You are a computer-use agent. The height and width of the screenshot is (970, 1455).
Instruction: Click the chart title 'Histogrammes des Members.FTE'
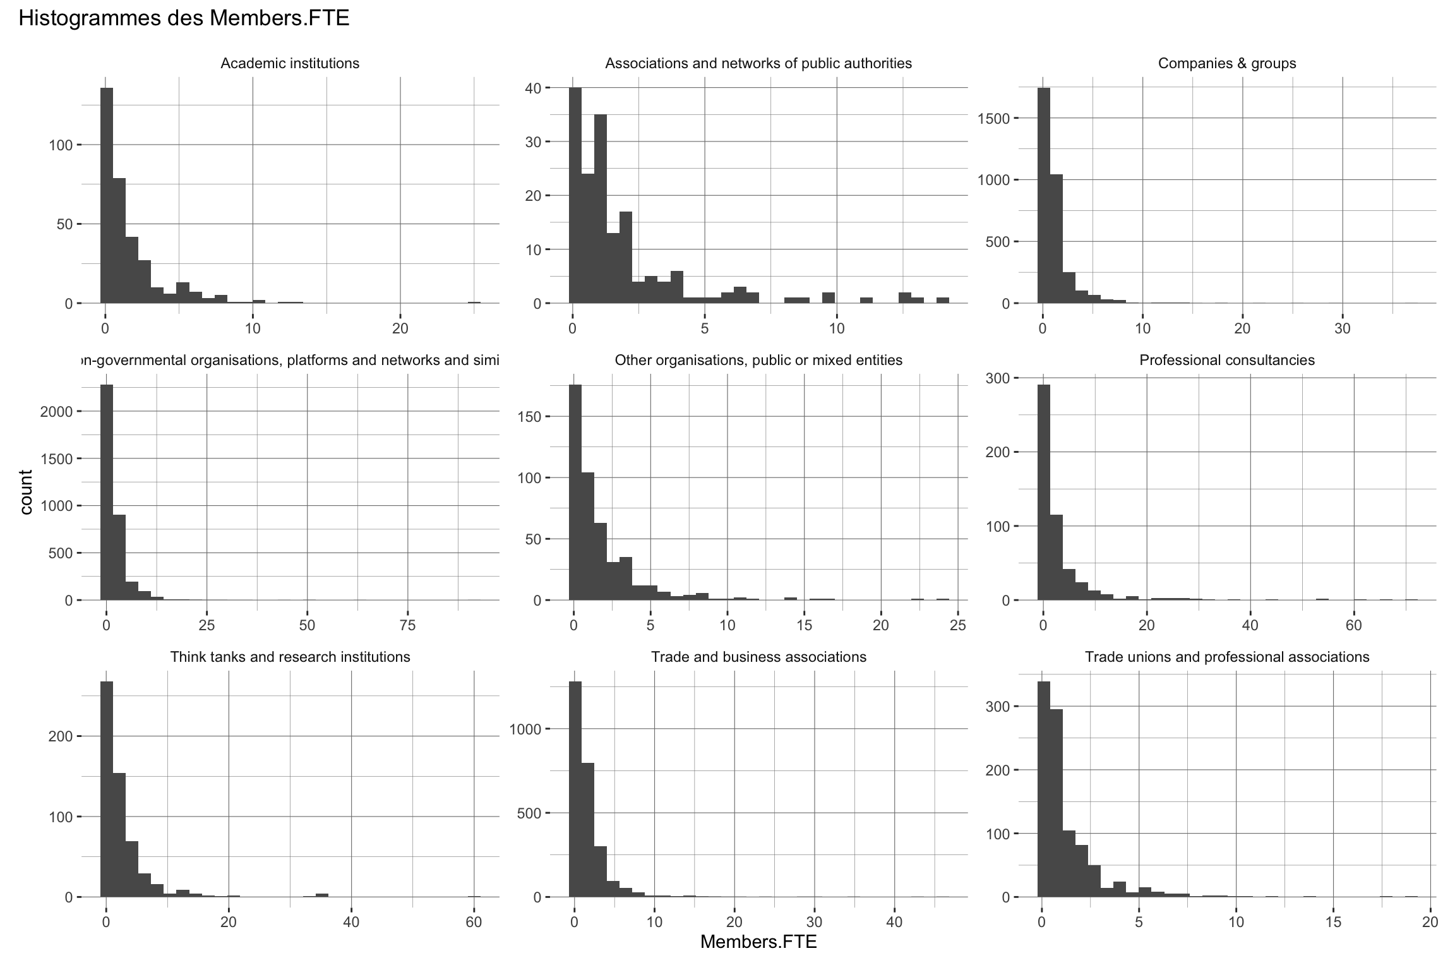pos(184,19)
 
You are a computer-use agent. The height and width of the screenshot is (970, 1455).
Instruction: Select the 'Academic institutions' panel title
pos(290,63)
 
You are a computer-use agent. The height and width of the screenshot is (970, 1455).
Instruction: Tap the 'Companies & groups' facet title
pos(1227,63)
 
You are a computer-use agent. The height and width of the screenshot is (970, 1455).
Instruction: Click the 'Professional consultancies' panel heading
pos(1227,360)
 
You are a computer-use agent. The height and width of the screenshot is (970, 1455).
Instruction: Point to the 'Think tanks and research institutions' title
pos(290,657)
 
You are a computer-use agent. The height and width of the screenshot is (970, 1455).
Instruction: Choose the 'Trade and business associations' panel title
pos(758,657)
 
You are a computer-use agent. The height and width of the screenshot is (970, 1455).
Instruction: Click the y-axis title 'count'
pos(26,492)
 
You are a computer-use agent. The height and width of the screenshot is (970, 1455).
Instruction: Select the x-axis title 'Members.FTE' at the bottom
pos(758,942)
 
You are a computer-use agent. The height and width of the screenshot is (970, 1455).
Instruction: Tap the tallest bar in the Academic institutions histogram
pos(107,196)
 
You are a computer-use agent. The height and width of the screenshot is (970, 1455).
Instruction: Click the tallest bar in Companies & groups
pos(1044,196)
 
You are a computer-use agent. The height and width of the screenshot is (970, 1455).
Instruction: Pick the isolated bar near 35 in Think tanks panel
pos(322,895)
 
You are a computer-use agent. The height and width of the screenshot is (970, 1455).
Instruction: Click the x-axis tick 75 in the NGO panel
pos(408,625)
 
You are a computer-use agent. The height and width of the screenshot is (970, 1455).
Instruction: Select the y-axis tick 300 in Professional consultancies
pos(998,378)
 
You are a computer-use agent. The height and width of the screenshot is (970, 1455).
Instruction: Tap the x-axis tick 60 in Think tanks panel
pos(474,922)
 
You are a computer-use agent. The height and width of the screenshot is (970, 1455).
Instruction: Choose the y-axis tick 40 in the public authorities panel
pos(533,88)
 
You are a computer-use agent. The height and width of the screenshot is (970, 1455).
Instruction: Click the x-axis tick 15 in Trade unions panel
pos(1333,922)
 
